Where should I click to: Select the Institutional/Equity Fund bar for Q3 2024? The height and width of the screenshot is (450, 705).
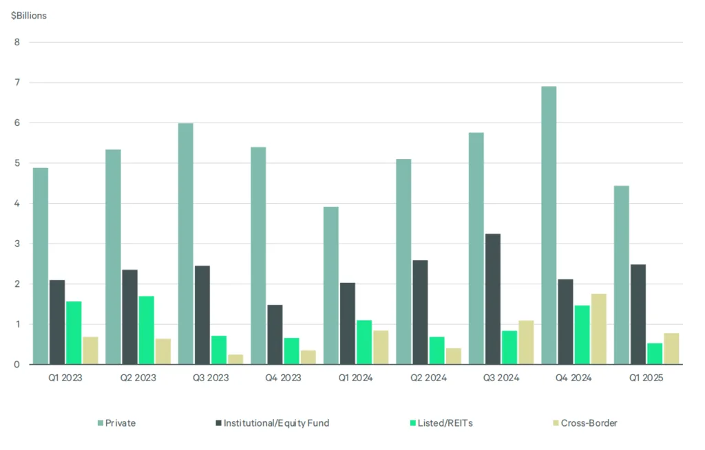point(493,299)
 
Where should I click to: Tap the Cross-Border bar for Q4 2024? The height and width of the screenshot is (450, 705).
point(598,329)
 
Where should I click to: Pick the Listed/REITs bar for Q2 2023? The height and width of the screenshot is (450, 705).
point(147,330)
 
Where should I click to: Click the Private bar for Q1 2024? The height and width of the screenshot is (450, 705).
point(330,286)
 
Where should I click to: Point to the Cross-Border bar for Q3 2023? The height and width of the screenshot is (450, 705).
point(235,359)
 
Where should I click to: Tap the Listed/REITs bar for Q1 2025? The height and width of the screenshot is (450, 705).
point(655,354)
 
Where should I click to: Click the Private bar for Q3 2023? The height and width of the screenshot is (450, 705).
point(186,244)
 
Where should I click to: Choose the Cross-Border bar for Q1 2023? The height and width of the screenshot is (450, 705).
point(90,350)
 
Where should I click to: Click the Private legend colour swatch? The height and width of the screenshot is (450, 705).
point(101,423)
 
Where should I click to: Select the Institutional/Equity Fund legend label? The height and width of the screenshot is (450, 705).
point(276,423)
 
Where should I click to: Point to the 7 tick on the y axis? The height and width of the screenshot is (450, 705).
point(17,83)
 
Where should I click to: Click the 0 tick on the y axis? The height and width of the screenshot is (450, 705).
point(17,365)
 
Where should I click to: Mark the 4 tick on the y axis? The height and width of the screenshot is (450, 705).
point(17,204)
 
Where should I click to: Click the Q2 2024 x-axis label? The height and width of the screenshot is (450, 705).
point(428,378)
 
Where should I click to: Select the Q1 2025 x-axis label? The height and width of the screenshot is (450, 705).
point(645,378)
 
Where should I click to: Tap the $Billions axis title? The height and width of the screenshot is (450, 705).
point(29,15)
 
